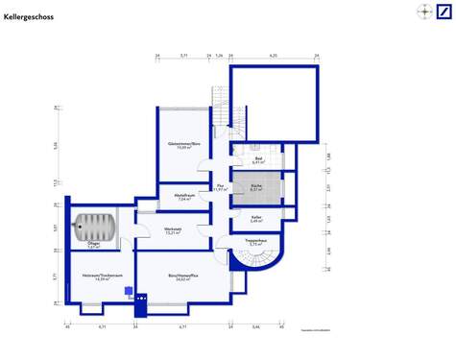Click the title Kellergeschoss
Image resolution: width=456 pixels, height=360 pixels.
28,17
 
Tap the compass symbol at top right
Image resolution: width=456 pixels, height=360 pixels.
423,12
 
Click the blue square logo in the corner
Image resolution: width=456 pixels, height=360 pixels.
443,12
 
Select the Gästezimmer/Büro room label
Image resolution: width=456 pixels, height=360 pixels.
182,146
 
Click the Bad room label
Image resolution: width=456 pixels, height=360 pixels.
257,160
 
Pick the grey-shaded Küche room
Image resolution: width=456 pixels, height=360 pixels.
256,187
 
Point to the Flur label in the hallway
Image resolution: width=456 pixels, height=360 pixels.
220,187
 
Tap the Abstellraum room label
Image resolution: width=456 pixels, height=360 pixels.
185,198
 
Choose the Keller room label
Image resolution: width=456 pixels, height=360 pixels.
256,221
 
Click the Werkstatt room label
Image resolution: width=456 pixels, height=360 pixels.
173,231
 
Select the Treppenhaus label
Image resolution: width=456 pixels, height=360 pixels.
255,243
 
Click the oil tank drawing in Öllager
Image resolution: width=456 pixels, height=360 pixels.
97,228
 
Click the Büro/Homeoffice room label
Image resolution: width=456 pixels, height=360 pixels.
182,277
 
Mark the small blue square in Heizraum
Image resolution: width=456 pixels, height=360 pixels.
129,289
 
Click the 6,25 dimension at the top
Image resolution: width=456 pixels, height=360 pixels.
273,57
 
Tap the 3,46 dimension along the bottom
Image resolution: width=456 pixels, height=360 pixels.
255,327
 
